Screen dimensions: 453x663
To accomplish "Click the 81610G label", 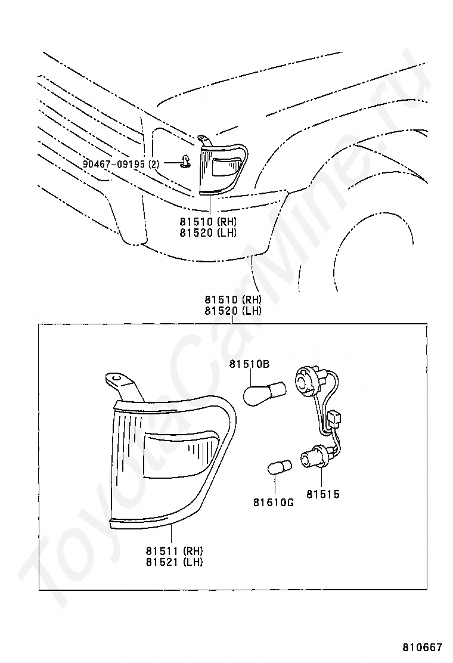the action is click(273, 503).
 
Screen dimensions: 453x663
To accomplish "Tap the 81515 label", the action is click(323, 494).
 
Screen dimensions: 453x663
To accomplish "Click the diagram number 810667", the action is click(422, 647).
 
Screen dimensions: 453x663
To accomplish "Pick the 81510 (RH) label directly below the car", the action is click(208, 222).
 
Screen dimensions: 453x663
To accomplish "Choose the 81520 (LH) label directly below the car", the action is click(208, 233).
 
